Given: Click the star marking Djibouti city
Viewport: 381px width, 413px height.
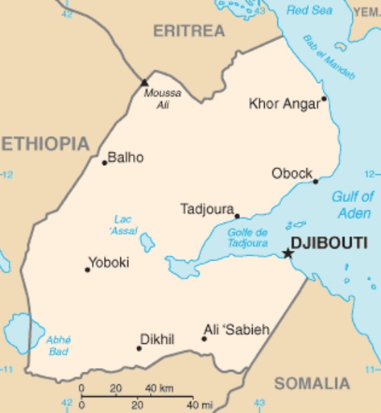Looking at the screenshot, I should point(288,254).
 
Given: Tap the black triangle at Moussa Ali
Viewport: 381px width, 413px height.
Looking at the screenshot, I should point(144,81).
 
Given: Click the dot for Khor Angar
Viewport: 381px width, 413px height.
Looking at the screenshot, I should point(324,99).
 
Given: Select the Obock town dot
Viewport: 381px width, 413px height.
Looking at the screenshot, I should point(316,181).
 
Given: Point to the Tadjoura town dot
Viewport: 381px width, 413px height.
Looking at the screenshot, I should point(237,216).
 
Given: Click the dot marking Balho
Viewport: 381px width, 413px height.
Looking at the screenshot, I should point(104,163).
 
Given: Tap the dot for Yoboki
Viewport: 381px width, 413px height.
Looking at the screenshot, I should point(88,269).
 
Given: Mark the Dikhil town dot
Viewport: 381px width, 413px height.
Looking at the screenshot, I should point(139,348).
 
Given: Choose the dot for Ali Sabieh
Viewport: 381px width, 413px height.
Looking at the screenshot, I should point(204,338).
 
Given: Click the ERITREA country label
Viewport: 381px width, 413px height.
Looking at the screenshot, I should point(189,31).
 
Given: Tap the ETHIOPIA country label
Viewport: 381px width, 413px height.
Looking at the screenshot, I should point(44,144).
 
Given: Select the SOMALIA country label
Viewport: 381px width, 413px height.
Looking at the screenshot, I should point(312,383).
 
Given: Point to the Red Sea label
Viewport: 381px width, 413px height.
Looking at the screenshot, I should point(309,10).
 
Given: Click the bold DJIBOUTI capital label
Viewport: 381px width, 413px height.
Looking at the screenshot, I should point(329,242).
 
